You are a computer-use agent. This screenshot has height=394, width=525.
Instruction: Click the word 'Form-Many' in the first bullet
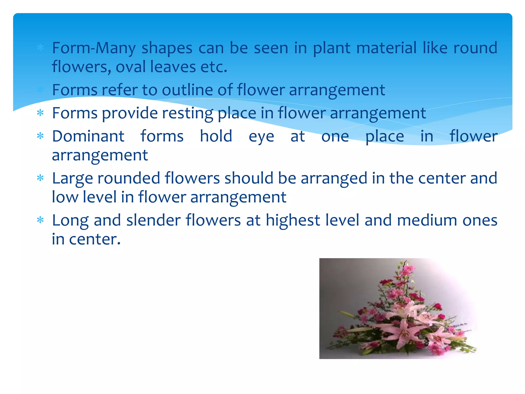click(94, 48)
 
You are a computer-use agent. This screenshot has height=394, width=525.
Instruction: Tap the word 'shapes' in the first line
click(167, 48)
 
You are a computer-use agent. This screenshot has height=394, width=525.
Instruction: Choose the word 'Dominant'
click(88, 136)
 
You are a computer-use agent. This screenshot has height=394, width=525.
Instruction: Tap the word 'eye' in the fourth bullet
click(261, 137)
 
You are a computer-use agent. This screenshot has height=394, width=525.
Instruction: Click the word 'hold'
click(216, 136)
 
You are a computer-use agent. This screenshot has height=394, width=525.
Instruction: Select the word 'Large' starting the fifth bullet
click(73, 179)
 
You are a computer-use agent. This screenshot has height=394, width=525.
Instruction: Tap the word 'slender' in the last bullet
click(154, 220)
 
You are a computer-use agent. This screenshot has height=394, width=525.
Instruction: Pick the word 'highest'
click(293, 220)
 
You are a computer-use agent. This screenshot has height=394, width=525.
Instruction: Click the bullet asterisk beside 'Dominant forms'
click(40, 136)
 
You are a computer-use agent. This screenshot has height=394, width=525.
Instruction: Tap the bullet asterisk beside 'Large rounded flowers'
click(40, 178)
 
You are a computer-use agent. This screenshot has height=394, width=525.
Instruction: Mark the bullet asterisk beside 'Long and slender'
click(40, 220)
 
